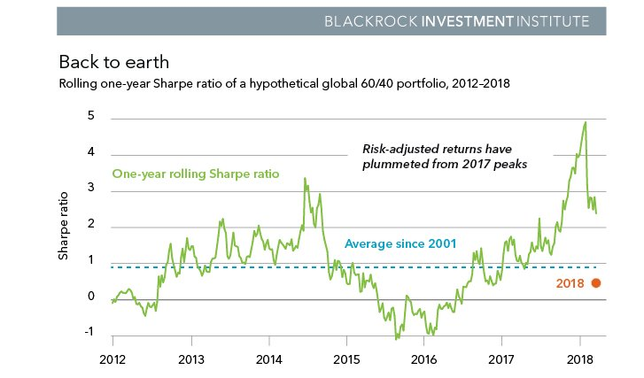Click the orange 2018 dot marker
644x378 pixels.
(x=596, y=283)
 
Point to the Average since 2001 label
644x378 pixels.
(x=400, y=243)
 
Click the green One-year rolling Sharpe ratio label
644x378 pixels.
(x=196, y=174)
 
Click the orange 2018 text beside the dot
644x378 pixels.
(x=570, y=283)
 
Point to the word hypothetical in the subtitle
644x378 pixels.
(x=302, y=84)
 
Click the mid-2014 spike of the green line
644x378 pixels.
(x=305, y=179)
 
